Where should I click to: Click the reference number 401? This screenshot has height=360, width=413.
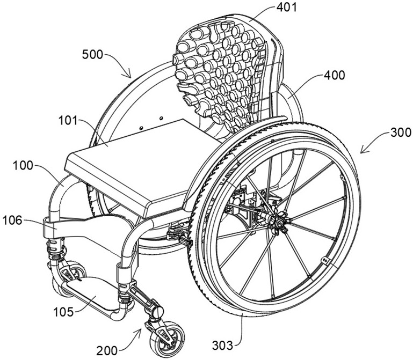pyautogui.click(x=286, y=8)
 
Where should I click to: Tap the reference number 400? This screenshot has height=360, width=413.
pyautogui.click(x=334, y=76)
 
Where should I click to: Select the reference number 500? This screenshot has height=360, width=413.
pyautogui.click(x=92, y=55)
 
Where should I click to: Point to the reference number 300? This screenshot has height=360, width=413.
pyautogui.click(x=401, y=133)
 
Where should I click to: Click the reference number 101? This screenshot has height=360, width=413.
pyautogui.click(x=68, y=121)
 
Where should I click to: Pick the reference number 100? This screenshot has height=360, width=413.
pyautogui.click(x=23, y=166)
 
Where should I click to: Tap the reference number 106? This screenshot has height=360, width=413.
pyautogui.click(x=12, y=221)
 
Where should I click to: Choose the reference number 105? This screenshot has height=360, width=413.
pyautogui.click(x=63, y=312)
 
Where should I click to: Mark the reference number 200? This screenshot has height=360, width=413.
pyautogui.click(x=107, y=350)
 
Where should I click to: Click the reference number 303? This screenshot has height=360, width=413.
pyautogui.click(x=223, y=345)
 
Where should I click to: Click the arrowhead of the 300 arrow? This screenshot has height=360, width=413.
pyautogui.click(x=361, y=152)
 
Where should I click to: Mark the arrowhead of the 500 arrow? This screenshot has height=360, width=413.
pyautogui.click(x=130, y=77)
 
